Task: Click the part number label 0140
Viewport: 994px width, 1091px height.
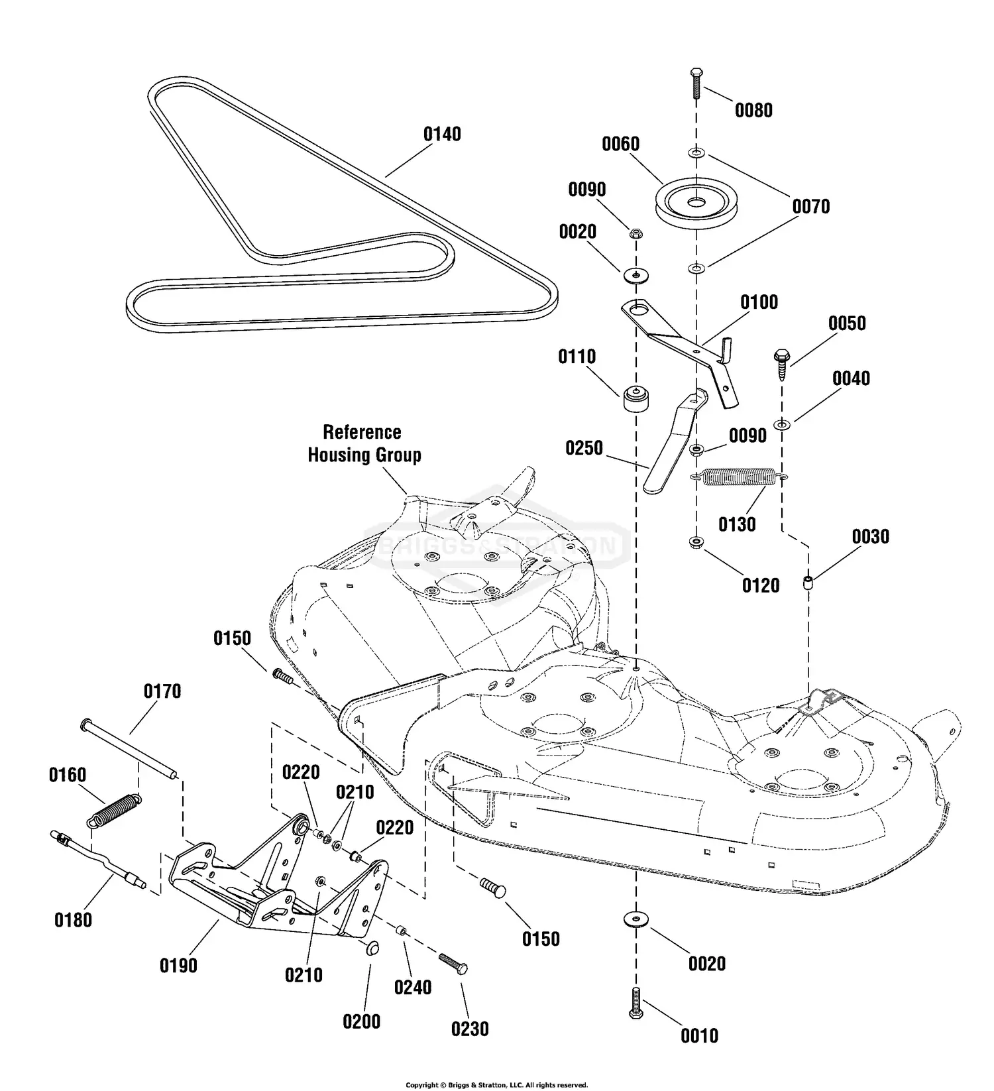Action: (x=442, y=135)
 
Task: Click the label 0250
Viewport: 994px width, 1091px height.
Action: (x=584, y=449)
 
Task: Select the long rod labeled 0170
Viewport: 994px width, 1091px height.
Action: (x=129, y=748)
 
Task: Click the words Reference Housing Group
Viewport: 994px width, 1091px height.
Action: (x=364, y=443)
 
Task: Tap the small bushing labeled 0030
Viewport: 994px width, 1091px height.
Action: (x=808, y=584)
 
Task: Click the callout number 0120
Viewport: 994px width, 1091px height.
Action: (x=760, y=586)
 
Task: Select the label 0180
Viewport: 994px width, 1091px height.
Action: (x=73, y=920)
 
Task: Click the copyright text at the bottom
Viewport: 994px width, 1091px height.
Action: (x=496, y=1085)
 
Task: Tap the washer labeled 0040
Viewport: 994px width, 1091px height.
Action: (x=783, y=425)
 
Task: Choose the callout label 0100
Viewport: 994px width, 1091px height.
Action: (x=759, y=303)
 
